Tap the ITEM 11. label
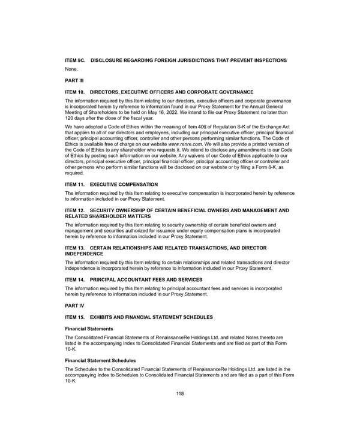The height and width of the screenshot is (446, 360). click(x=75, y=185)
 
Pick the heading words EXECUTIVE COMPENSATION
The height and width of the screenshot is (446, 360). click(x=124, y=185)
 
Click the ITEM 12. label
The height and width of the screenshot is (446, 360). click(x=75, y=210)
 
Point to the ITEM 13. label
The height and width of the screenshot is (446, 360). click(x=75, y=248)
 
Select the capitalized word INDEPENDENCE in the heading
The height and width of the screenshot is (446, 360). click(x=84, y=254)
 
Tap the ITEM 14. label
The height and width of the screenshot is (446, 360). click(x=75, y=279)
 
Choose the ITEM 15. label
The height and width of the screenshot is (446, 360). click(x=75, y=317)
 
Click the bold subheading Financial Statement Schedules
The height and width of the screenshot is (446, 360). click(x=100, y=360)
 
